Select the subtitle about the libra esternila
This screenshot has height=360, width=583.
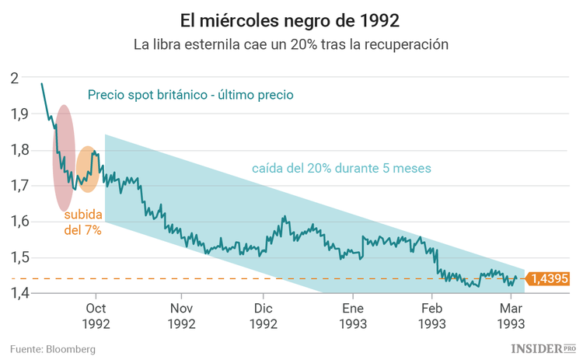point(291,44)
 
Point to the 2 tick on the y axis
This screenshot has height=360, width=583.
point(15,78)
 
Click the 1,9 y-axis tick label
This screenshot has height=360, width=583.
point(19,114)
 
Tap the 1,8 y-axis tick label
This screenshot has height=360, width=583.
point(19,149)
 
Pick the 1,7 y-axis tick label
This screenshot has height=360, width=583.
point(19,186)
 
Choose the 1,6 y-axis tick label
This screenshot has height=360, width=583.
point(19,222)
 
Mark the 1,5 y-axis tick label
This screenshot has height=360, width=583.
point(19,257)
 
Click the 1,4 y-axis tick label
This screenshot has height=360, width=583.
point(19,293)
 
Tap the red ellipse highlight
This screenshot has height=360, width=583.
point(64,158)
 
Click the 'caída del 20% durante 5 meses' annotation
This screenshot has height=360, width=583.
point(340,168)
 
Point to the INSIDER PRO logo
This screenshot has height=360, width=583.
point(543,348)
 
